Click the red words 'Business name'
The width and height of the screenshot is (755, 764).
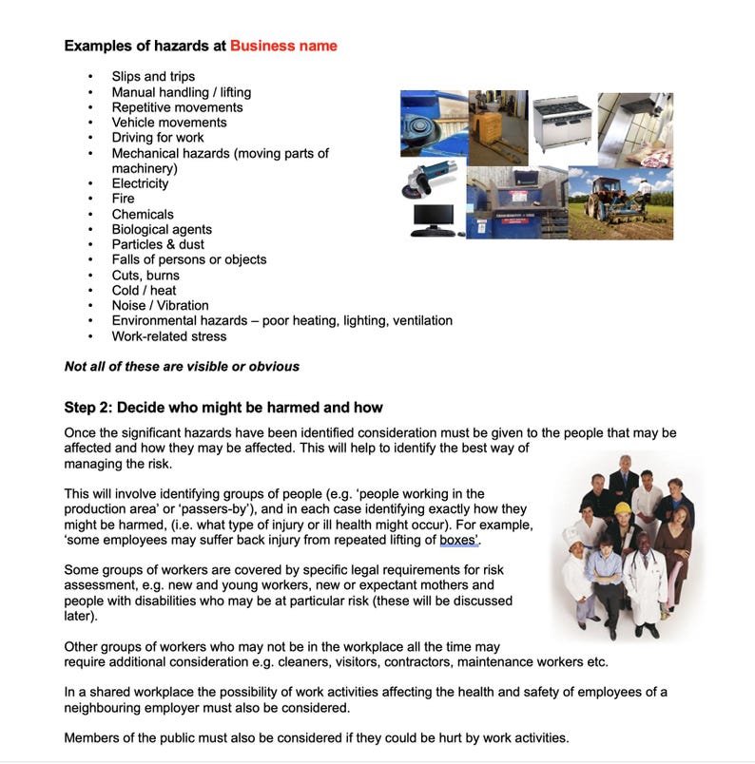pyautogui.click(x=283, y=46)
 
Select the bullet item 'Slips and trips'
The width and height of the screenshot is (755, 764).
pyautogui.click(x=153, y=77)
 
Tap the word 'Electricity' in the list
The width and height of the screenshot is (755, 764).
pyautogui.click(x=140, y=183)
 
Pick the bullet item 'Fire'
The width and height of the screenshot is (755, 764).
pyautogui.click(x=123, y=199)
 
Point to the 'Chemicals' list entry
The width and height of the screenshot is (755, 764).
pyautogui.click(x=143, y=214)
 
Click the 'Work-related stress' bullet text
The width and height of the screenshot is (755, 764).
pyautogui.click(x=169, y=336)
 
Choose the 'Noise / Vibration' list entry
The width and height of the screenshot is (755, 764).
pyautogui.click(x=160, y=306)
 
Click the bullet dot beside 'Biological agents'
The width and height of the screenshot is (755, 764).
pyautogui.click(x=90, y=230)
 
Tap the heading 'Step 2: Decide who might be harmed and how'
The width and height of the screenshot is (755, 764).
pyautogui.click(x=223, y=408)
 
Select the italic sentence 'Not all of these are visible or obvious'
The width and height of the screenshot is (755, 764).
pyautogui.click(x=182, y=367)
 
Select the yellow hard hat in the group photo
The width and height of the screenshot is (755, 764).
pyautogui.click(x=623, y=508)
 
